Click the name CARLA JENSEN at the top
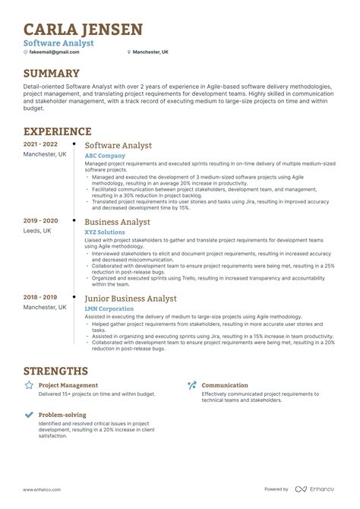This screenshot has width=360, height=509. pyautogui.click(x=83, y=30)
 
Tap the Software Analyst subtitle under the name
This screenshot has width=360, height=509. pyautogui.click(x=58, y=43)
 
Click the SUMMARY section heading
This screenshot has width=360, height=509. pyautogui.click(x=51, y=74)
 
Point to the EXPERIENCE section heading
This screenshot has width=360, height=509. pyautogui.click(x=58, y=131)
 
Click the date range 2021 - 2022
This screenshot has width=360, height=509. pyautogui.click(x=40, y=144)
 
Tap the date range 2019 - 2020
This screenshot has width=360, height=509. pyautogui.click(x=40, y=221)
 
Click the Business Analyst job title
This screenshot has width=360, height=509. pyautogui.click(x=117, y=222)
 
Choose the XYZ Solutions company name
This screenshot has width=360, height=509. pyautogui.click(x=105, y=232)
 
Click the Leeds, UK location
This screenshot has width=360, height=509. pyautogui.click(x=37, y=231)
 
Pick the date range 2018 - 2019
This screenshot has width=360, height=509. pyautogui.click(x=40, y=298)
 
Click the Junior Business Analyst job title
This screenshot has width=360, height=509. pyautogui.click(x=130, y=299)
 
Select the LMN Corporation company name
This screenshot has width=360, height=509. pyautogui.click(x=109, y=308)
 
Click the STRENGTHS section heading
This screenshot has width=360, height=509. pyautogui.click(x=55, y=371)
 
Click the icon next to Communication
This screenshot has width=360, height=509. pyautogui.click(x=191, y=385)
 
